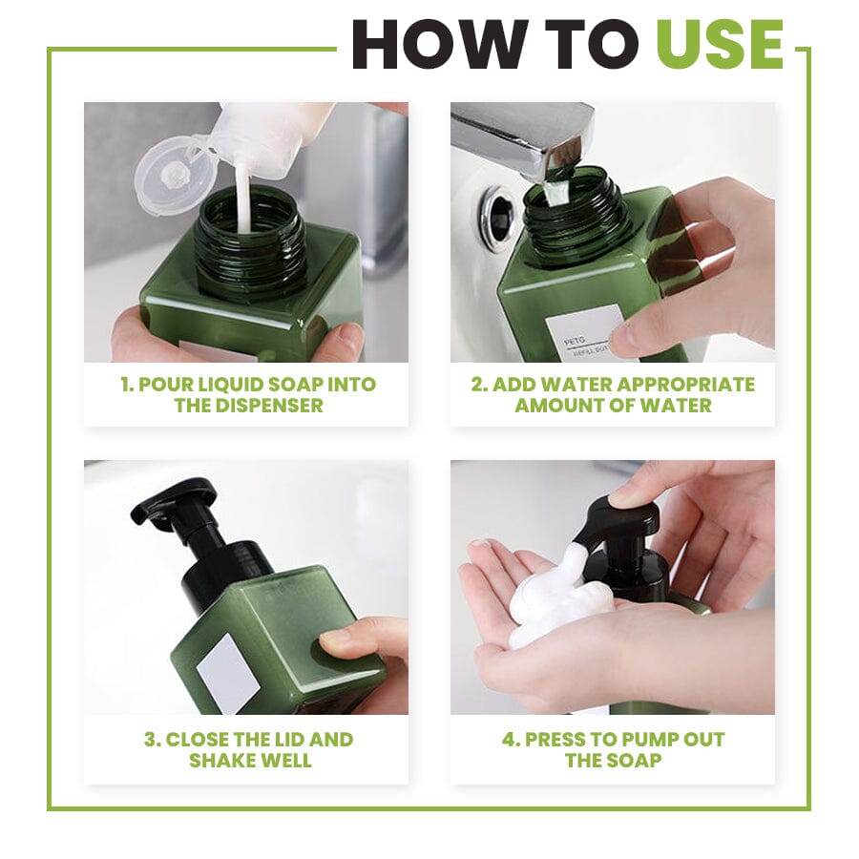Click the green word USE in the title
tap(719, 44)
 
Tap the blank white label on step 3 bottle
tap(227, 672)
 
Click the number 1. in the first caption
tap(127, 385)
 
